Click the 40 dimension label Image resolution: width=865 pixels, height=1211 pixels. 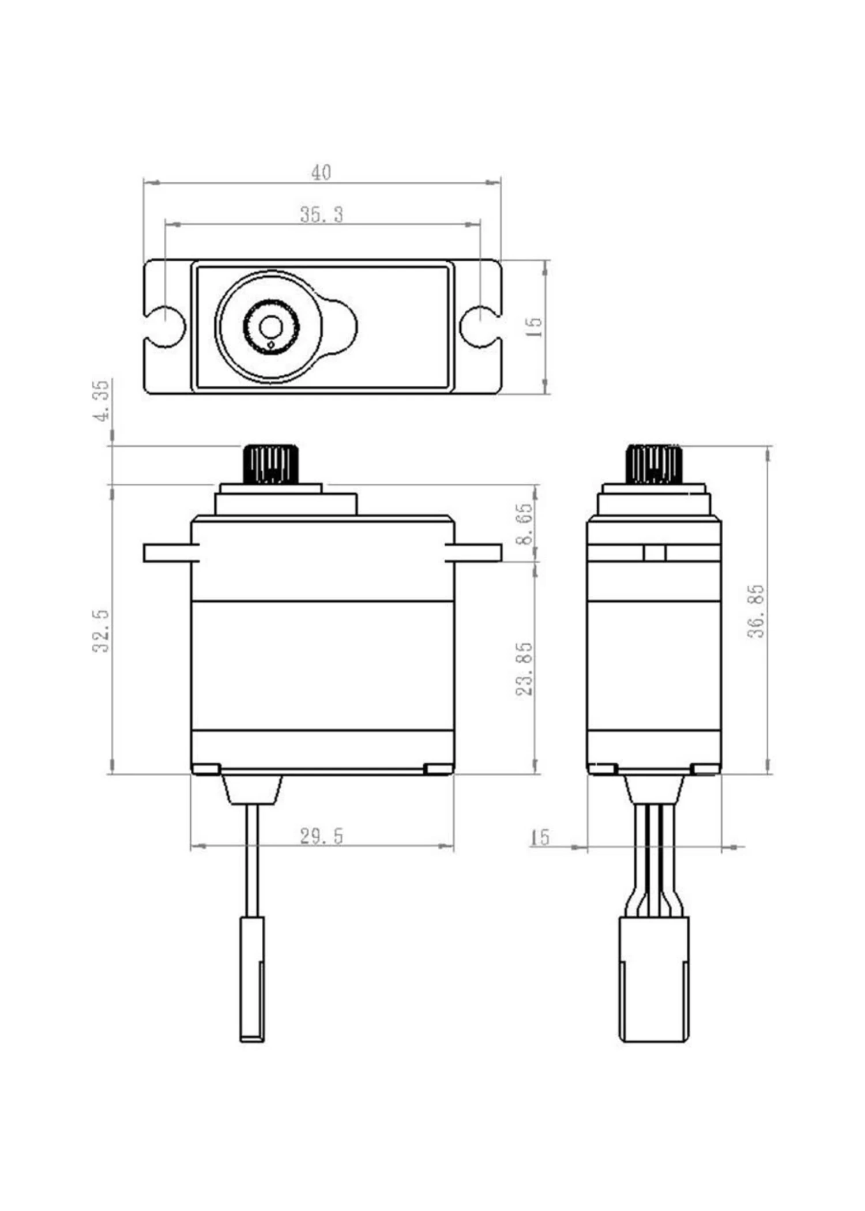pyautogui.click(x=321, y=172)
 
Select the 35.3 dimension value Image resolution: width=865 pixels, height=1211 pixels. pyautogui.click(x=321, y=215)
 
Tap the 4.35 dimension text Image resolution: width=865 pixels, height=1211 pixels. pyautogui.click(x=101, y=400)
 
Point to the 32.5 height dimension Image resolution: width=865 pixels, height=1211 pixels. pyautogui.click(x=101, y=631)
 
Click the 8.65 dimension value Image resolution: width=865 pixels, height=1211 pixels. pyautogui.click(x=524, y=524)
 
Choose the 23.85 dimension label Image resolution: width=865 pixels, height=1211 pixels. pyautogui.click(x=524, y=668)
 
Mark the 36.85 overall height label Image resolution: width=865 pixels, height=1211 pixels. pyautogui.click(x=756, y=611)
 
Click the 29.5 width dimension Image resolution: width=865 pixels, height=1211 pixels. pyautogui.click(x=321, y=836)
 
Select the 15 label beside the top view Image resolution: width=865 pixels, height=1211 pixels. pyautogui.click(x=535, y=327)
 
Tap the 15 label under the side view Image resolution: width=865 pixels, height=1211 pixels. pyautogui.click(x=540, y=837)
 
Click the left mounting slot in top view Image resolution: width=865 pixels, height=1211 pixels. pyautogui.click(x=167, y=326)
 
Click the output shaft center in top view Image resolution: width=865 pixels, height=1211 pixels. pyautogui.click(x=270, y=327)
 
